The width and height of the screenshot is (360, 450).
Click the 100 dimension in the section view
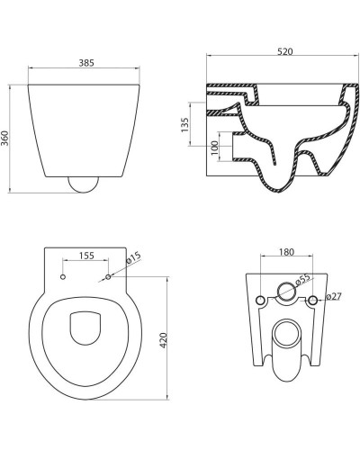[x=215, y=148]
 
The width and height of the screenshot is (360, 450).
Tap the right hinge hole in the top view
[x=108, y=277]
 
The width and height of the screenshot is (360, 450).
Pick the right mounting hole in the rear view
[x=312, y=299]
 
